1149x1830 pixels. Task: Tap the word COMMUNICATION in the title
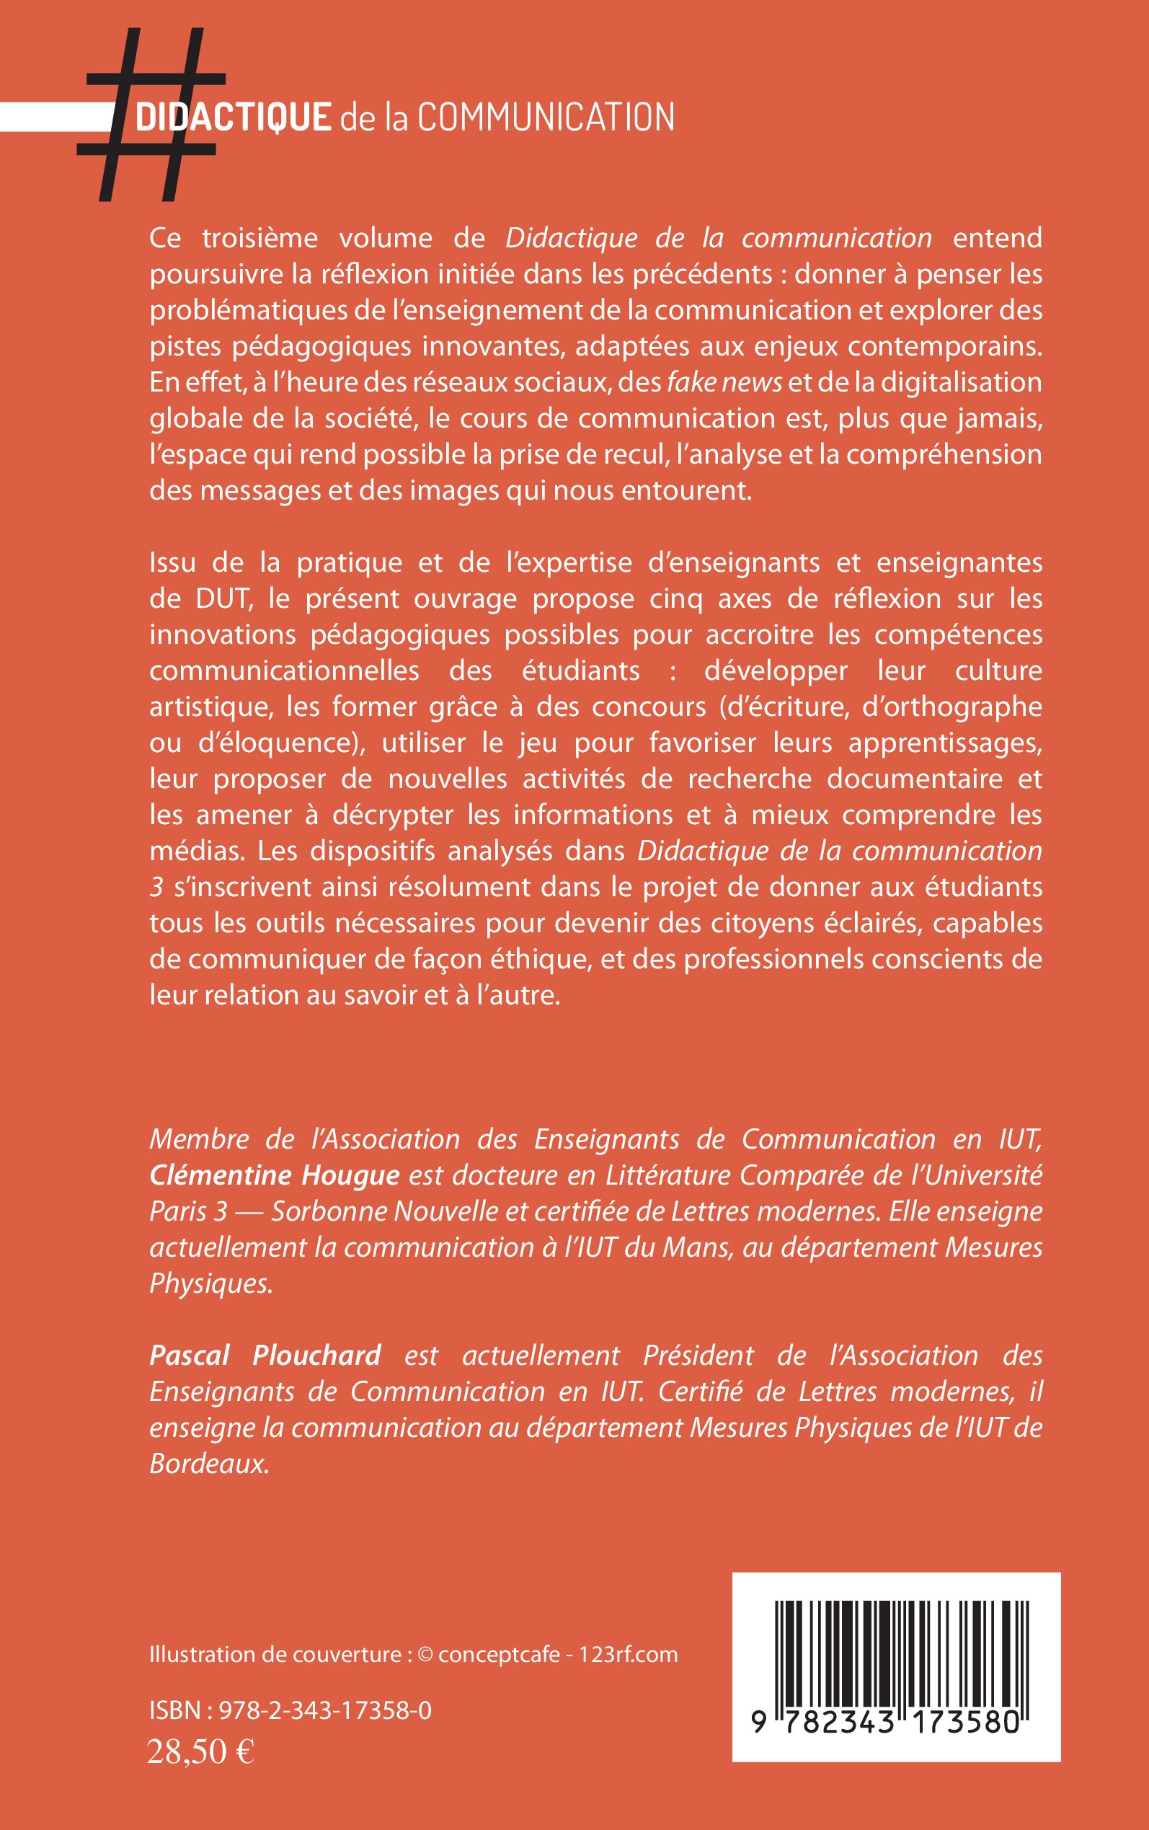click(546, 118)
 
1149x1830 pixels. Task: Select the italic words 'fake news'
click(724, 382)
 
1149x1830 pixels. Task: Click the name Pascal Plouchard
click(265, 1355)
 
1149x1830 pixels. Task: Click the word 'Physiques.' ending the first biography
click(210, 1283)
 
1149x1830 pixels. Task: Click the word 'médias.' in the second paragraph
click(196, 851)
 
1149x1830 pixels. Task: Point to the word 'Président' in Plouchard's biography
click(698, 1355)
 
